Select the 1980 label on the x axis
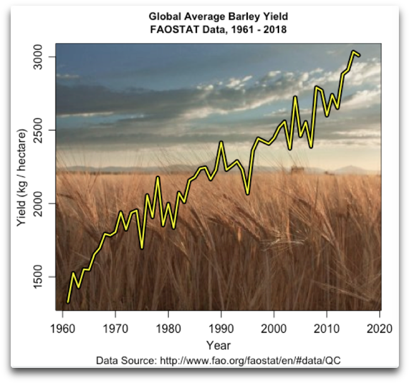(x=168, y=328)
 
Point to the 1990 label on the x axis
(x=221, y=328)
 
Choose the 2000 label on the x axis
(x=274, y=328)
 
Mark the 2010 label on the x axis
(x=327, y=328)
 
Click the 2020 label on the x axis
(x=379, y=328)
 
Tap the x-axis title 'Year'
(x=218, y=345)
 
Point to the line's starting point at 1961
(x=68, y=302)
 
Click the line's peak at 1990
(x=221, y=142)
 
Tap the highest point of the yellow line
(x=353, y=52)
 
